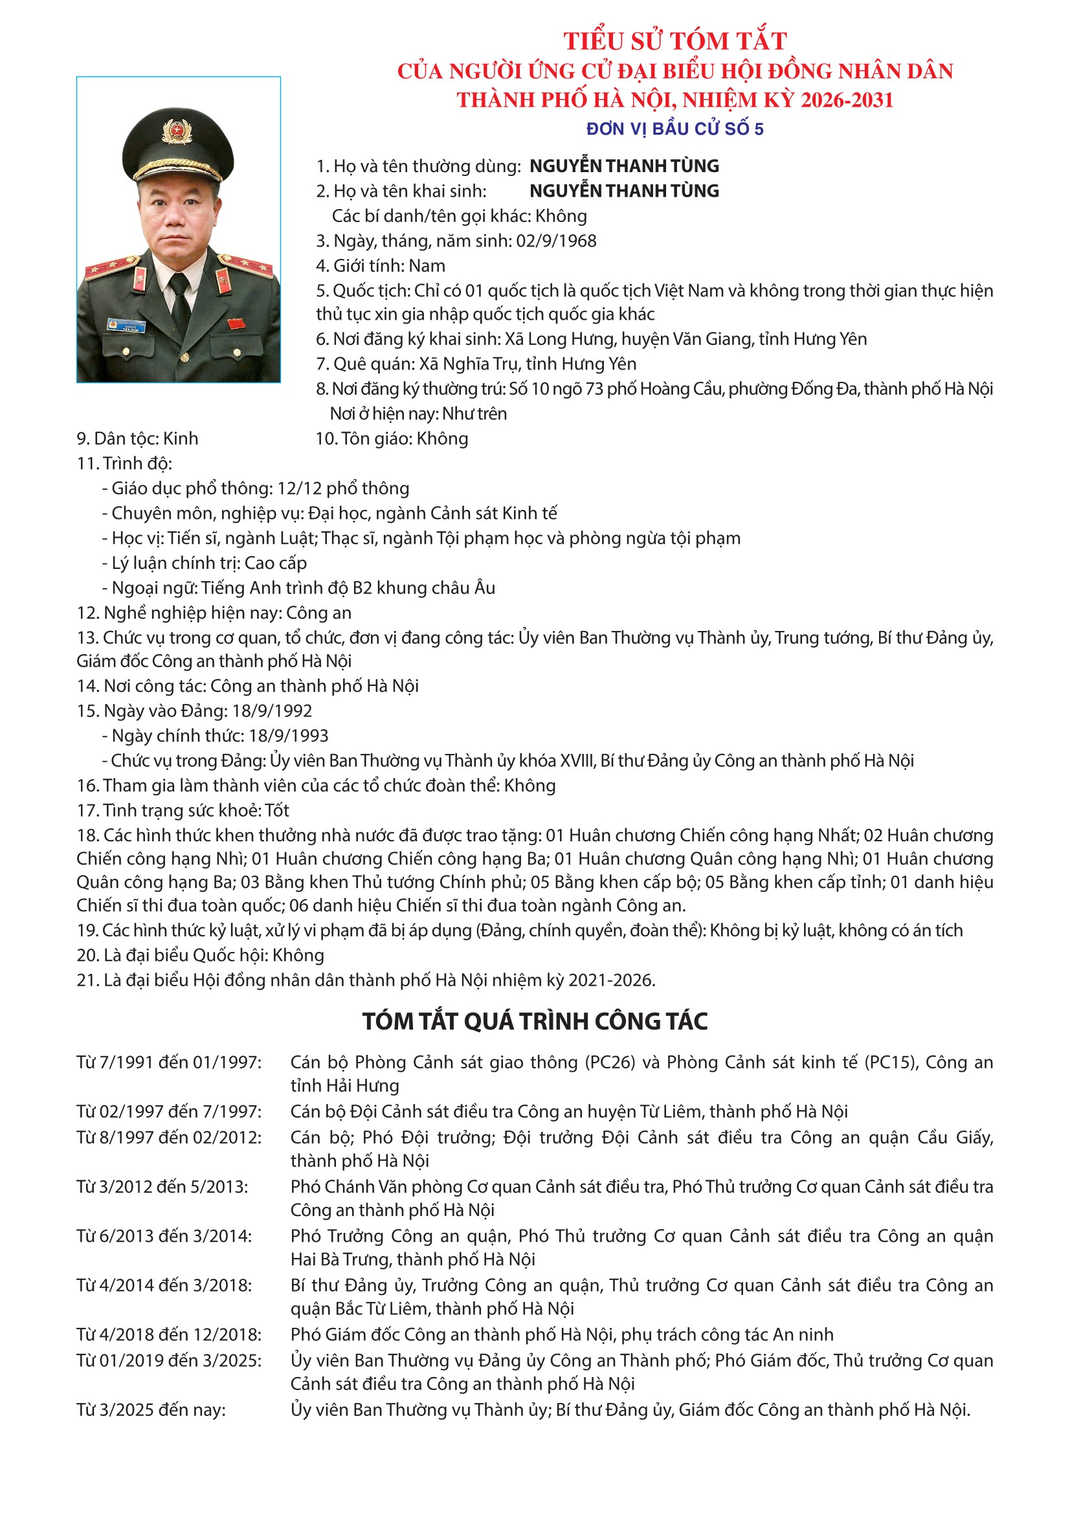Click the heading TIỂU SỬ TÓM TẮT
[x=674, y=41]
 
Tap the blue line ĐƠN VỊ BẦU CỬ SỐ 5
[x=674, y=129]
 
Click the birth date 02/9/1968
[x=556, y=241]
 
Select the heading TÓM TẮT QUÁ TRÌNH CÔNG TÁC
[x=535, y=1021]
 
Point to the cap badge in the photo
[x=177, y=132]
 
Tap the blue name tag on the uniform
[x=127, y=326]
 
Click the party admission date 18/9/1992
[x=273, y=711]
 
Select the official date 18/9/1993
[x=289, y=736]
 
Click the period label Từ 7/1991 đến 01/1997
[x=169, y=1062]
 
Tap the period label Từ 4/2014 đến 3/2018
[x=164, y=1286]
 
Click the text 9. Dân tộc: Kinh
[x=137, y=439]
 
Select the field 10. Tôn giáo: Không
[x=392, y=439]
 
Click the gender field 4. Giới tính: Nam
[x=381, y=266]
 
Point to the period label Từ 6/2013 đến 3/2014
[x=164, y=1236]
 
